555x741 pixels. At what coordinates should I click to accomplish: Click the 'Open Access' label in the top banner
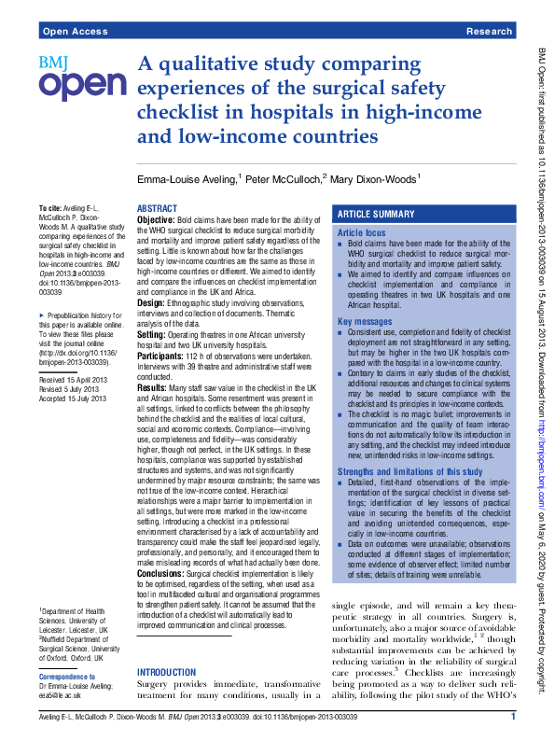point(75,31)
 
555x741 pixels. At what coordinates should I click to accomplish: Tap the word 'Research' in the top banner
point(489,31)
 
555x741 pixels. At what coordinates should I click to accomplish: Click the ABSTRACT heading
point(157,208)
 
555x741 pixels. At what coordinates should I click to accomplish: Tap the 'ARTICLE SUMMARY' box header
point(375,214)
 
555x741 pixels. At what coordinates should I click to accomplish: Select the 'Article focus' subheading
point(361,231)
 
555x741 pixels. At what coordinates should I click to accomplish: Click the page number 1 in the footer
point(513,717)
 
